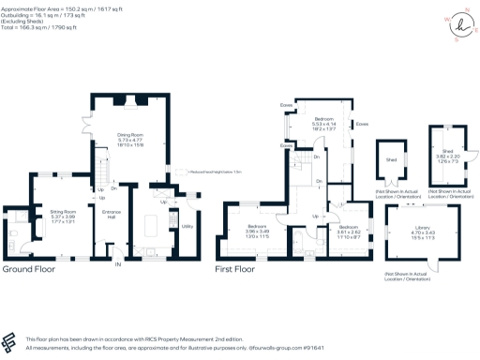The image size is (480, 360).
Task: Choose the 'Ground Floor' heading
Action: pos(28,268)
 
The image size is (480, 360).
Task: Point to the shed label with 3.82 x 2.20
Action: pos(442,157)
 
